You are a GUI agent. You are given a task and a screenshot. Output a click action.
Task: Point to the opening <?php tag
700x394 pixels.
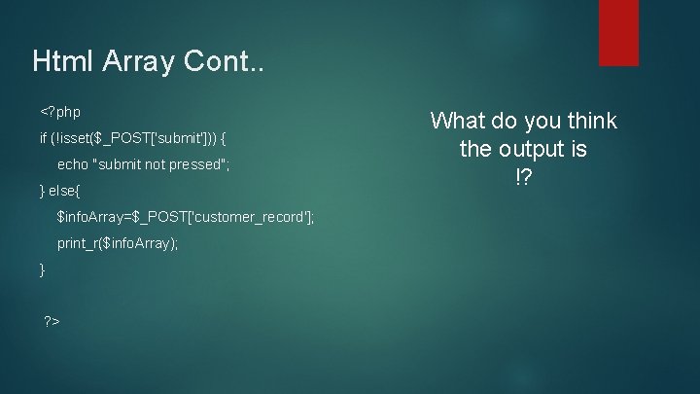(x=60, y=112)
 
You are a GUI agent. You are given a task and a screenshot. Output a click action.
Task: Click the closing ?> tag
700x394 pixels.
(x=52, y=320)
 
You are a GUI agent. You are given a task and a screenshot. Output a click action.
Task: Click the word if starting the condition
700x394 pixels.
(x=44, y=138)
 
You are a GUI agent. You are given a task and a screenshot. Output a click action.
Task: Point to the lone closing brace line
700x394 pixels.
(x=42, y=269)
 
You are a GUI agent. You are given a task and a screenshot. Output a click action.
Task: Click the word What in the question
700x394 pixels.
(x=459, y=122)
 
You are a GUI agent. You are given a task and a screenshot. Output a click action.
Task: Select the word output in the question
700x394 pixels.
(x=531, y=151)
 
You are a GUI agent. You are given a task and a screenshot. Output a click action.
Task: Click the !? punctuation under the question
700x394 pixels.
(x=523, y=180)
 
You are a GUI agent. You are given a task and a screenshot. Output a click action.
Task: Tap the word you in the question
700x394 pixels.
(x=537, y=122)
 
